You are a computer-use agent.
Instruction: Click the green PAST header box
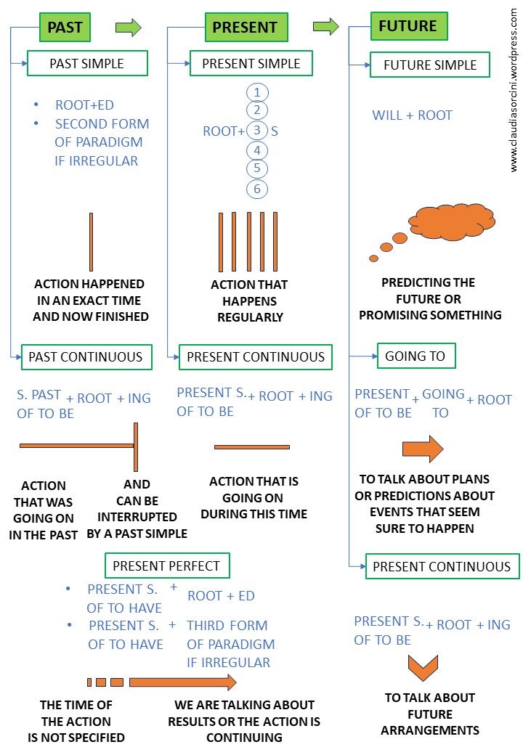point(65,28)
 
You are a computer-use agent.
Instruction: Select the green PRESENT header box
point(246,28)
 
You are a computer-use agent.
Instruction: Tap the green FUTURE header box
point(409,26)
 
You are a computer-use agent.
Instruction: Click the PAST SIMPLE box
point(87,63)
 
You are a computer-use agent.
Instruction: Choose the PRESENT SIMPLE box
point(251,63)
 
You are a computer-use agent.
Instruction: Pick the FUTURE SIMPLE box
point(430,65)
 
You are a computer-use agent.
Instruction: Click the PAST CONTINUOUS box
point(86,356)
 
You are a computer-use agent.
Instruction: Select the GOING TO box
point(415,356)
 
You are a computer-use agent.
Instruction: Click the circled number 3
point(257,131)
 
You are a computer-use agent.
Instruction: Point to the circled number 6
point(257,189)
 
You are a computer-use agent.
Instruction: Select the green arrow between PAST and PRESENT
point(128,28)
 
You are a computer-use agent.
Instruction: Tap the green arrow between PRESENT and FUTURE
point(326,27)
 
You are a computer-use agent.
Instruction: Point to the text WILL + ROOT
point(412,115)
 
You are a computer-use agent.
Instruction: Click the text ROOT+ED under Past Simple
point(84,105)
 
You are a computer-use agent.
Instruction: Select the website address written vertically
point(514,87)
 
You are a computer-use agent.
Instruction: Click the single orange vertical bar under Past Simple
point(91,242)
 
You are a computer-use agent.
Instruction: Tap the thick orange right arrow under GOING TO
point(423,449)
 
